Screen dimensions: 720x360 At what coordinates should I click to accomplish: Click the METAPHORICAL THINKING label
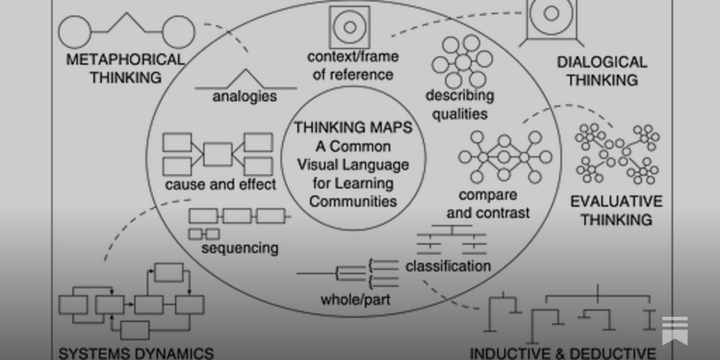tap(125, 68)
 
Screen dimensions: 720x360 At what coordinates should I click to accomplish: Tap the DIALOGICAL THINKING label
tap(602, 71)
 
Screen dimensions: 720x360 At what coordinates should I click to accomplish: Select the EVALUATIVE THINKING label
tap(616, 210)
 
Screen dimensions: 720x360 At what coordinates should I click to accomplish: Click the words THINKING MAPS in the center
tap(353, 127)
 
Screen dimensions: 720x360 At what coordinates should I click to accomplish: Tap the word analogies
tap(244, 96)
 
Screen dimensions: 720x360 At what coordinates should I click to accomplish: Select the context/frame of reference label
tap(353, 65)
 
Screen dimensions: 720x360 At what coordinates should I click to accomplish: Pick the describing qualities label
tap(459, 104)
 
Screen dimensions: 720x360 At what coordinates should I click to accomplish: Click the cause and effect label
tap(220, 184)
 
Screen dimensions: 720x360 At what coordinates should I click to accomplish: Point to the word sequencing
tap(240, 248)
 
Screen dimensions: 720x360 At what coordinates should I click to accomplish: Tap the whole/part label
tap(355, 299)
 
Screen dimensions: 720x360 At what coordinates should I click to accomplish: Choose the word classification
tap(448, 266)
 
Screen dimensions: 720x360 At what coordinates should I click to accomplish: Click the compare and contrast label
tap(488, 204)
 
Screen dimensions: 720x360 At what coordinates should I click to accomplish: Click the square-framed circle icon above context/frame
tap(350, 27)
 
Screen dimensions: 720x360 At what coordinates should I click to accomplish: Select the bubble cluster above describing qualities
tap(462, 62)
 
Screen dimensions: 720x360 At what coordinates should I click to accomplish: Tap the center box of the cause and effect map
tap(218, 154)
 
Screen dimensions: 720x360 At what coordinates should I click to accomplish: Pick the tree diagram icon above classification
tap(451, 239)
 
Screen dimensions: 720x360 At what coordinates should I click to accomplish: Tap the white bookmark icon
tap(675, 330)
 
